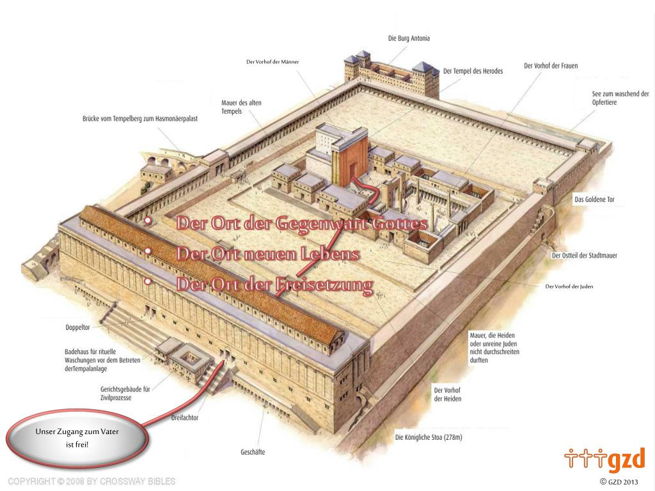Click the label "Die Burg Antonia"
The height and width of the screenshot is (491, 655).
point(409,38)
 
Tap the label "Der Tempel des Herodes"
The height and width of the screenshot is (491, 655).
point(473,71)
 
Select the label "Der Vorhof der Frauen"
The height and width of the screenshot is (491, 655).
point(551,66)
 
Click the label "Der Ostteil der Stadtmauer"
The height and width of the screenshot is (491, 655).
point(584,256)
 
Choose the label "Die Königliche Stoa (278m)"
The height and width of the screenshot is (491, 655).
point(429,438)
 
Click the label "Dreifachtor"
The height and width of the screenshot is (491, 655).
point(185,417)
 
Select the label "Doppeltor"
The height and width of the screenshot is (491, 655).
point(77,327)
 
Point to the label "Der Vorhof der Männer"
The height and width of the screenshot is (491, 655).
point(272,62)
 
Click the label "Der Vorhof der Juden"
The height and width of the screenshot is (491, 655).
point(569,286)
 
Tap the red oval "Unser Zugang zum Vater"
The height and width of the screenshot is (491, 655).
point(77,438)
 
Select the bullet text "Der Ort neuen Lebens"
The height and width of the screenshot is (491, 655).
point(267,254)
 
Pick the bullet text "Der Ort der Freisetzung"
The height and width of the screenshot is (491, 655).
point(274,284)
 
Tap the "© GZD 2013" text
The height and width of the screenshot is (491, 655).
point(619,481)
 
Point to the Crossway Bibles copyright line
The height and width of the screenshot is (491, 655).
point(91,481)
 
